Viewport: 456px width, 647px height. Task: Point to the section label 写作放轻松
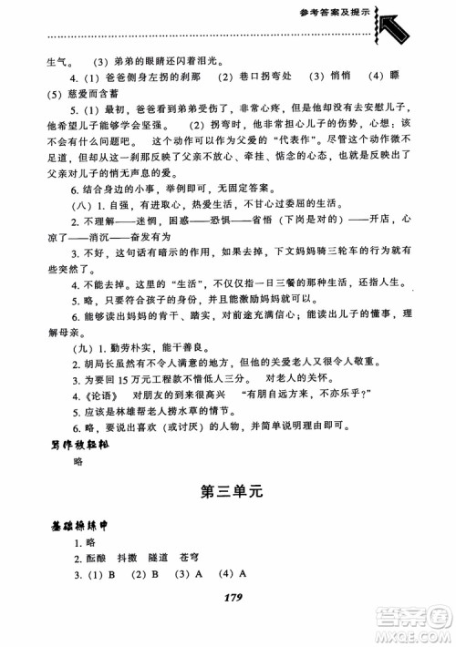(x=76, y=446)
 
